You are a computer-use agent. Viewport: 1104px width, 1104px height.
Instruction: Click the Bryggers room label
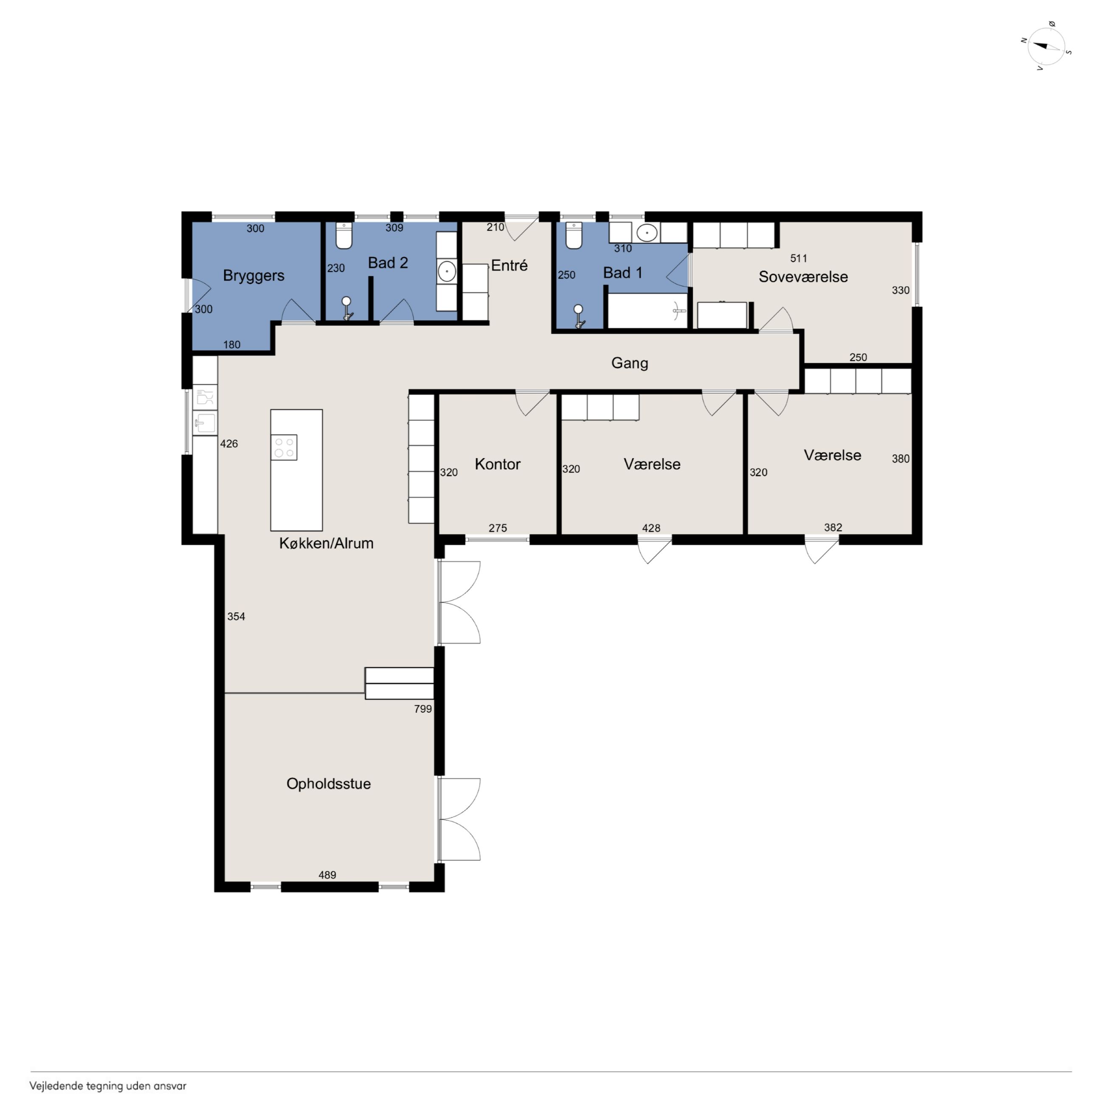pos(254,276)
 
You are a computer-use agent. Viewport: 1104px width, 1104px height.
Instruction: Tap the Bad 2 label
pos(388,263)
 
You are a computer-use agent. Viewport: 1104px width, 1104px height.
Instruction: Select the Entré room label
pos(509,265)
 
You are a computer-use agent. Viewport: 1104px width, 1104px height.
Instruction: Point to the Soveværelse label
pos(803,276)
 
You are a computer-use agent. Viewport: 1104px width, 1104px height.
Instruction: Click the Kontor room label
pos(498,464)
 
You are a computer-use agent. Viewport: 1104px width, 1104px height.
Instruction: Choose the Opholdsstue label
pos(329,784)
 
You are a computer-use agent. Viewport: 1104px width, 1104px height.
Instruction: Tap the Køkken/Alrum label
pos(326,543)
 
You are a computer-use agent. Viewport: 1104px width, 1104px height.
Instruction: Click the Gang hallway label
pos(630,363)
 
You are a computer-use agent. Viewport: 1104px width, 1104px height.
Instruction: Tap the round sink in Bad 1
pos(646,233)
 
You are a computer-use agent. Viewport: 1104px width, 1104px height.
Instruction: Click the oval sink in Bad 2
pos(447,271)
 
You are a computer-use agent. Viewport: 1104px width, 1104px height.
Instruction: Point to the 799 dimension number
pos(423,709)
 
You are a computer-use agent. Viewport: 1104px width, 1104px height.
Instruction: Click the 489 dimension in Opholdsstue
pos(327,875)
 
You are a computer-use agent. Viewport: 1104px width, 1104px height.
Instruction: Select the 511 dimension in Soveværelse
pos(799,258)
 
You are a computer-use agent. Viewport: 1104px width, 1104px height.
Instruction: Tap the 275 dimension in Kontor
pos(498,528)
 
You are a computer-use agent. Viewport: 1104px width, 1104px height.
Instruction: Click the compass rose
pos(1047,47)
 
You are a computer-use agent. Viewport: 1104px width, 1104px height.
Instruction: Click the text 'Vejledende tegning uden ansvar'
pos(108,1086)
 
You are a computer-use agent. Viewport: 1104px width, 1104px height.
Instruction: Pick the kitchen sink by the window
pos(205,423)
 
